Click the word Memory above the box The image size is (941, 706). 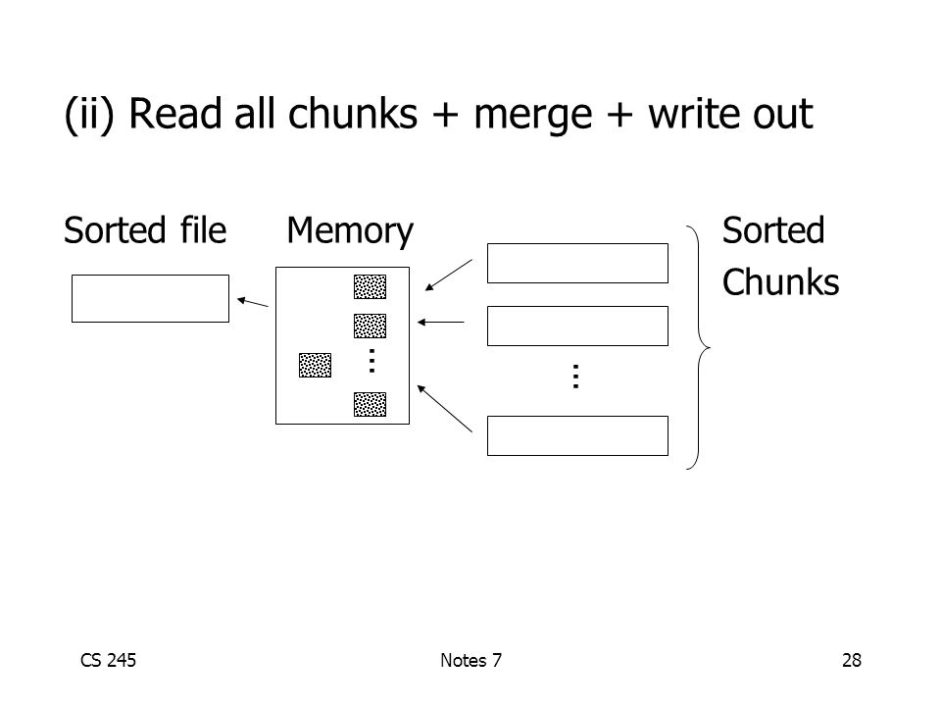coord(350,231)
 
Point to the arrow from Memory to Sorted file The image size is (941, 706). coord(253,302)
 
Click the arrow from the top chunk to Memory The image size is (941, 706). coord(448,275)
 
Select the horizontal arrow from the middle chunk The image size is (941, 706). coord(440,323)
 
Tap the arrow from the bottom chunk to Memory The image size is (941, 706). coord(445,408)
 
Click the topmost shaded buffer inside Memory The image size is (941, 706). coord(370,286)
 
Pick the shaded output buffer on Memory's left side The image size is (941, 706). coord(315,365)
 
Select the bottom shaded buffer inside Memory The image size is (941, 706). coord(370,404)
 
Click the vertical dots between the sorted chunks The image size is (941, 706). coord(576,377)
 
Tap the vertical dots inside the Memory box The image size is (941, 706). coord(372,361)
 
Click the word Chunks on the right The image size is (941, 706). coord(780,282)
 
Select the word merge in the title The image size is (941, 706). coord(533,116)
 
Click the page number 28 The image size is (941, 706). coord(852,660)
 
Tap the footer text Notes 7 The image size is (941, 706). coord(470,660)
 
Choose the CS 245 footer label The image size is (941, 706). coord(108,660)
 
